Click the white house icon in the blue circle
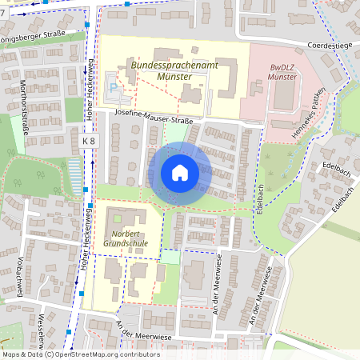pyautogui.click(x=180, y=172)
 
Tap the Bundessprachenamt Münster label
pyautogui.click(x=161, y=70)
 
